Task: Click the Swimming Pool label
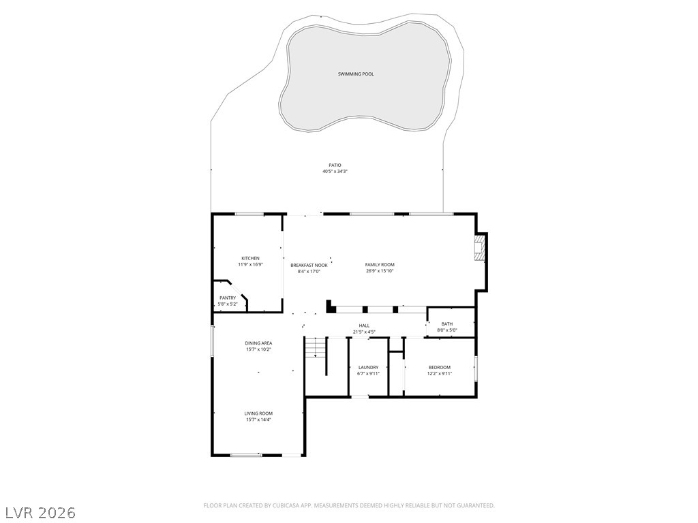(356, 74)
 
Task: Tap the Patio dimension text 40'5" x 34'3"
(335, 172)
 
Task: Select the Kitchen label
(250, 258)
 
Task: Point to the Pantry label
(227, 298)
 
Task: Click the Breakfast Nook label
(309, 265)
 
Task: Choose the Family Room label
(380, 264)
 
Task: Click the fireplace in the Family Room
(481, 249)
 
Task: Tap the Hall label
(364, 326)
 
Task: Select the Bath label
(446, 324)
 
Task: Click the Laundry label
(368, 367)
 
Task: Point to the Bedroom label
(439, 367)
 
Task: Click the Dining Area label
(258, 343)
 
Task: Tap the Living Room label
(258, 413)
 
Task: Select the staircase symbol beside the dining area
(314, 347)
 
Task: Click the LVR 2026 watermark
(40, 511)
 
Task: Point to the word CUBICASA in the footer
(274, 505)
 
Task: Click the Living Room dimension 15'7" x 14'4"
(258, 420)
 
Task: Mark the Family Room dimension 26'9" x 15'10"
(380, 271)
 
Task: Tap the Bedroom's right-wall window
(476, 367)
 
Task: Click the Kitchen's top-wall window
(249, 215)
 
